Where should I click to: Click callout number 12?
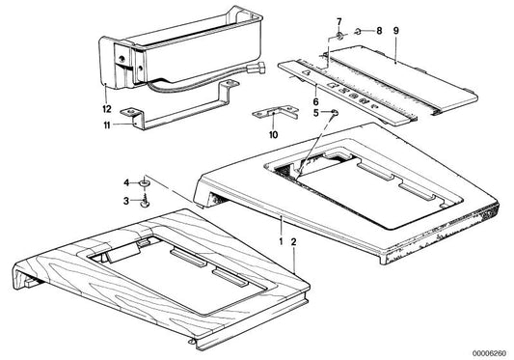click(x=107, y=109)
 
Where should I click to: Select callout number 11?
click(x=107, y=125)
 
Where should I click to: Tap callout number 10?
click(x=273, y=134)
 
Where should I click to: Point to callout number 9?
click(x=396, y=31)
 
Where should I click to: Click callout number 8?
click(x=379, y=31)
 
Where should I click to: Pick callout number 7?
click(x=338, y=22)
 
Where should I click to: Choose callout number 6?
click(x=315, y=101)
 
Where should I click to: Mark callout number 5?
click(x=315, y=113)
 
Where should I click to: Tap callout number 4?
click(x=126, y=182)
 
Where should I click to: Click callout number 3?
click(x=126, y=201)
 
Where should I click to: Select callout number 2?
click(x=293, y=242)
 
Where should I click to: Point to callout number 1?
click(x=281, y=242)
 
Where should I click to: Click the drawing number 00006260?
click(x=489, y=353)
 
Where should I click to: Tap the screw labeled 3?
click(x=145, y=201)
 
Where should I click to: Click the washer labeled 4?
click(x=145, y=182)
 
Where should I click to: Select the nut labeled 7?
click(x=339, y=36)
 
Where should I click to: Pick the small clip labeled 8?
click(x=358, y=32)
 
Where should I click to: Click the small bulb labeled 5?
click(x=335, y=113)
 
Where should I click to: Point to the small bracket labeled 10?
click(x=276, y=113)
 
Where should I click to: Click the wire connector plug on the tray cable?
click(x=257, y=68)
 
